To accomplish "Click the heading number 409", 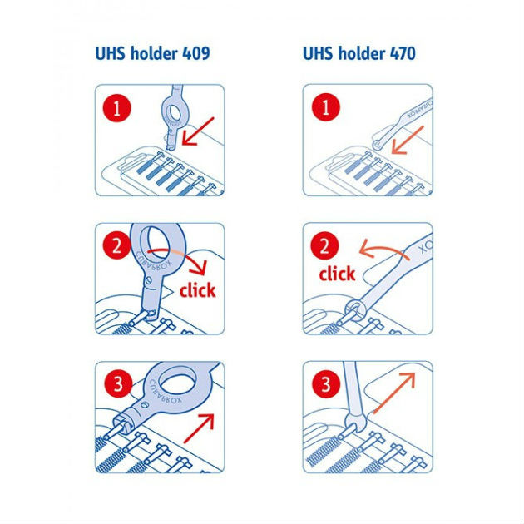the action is [196, 53].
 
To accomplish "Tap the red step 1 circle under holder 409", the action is [116, 108].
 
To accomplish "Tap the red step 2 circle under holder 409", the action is [116, 246].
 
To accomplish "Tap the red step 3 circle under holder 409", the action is [118, 383].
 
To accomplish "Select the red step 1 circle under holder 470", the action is [326, 107].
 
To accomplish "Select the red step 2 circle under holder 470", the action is [324, 246].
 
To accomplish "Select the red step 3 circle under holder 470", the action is [326, 383].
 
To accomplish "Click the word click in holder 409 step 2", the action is [197, 289].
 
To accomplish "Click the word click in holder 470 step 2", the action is [337, 274].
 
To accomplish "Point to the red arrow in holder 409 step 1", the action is [197, 131].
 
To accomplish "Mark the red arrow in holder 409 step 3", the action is [199, 428].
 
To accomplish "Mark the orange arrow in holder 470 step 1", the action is [408, 140].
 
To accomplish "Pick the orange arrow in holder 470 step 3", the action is [394, 393].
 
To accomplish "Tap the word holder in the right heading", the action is [362, 53].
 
